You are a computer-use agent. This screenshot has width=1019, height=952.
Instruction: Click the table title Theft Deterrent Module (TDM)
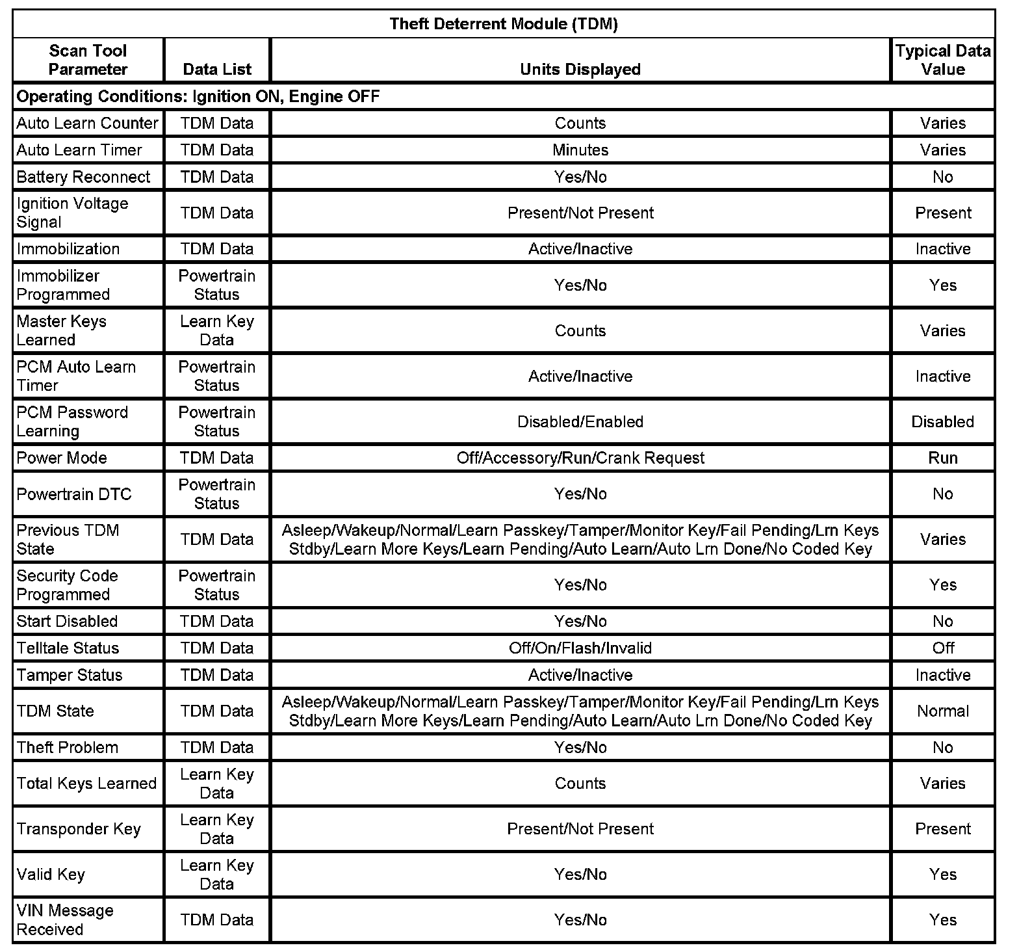(503, 24)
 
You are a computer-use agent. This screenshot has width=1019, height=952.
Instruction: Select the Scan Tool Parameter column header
(88, 60)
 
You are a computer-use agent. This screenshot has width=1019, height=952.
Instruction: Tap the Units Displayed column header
(580, 69)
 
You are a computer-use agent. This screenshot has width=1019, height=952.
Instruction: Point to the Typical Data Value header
(942, 60)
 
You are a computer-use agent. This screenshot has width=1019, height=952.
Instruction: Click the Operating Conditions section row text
(198, 96)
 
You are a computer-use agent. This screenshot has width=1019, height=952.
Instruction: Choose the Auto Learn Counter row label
(87, 123)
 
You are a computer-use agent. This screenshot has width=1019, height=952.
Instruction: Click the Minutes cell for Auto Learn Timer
(580, 150)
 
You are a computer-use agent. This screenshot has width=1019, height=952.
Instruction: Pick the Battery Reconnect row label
(83, 177)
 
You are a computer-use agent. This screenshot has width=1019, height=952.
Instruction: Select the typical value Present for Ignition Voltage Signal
(942, 213)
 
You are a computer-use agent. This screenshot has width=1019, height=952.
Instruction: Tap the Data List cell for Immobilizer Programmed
(216, 285)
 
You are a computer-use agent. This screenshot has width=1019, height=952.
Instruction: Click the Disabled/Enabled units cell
(580, 421)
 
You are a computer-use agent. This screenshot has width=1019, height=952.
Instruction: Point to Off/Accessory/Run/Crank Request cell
(580, 458)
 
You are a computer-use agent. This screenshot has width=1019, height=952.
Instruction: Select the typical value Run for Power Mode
(942, 458)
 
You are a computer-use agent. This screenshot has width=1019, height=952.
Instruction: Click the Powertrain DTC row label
(74, 494)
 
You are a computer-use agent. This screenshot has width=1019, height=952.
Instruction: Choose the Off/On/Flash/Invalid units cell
(580, 648)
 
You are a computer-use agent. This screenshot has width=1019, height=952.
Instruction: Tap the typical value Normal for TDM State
(942, 711)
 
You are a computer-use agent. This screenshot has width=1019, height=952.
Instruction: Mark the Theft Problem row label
(68, 747)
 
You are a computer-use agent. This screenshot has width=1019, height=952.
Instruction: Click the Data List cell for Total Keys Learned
(216, 784)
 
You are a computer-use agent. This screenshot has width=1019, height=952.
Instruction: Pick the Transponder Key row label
(79, 829)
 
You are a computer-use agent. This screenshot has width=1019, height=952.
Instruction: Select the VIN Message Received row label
(65, 919)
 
